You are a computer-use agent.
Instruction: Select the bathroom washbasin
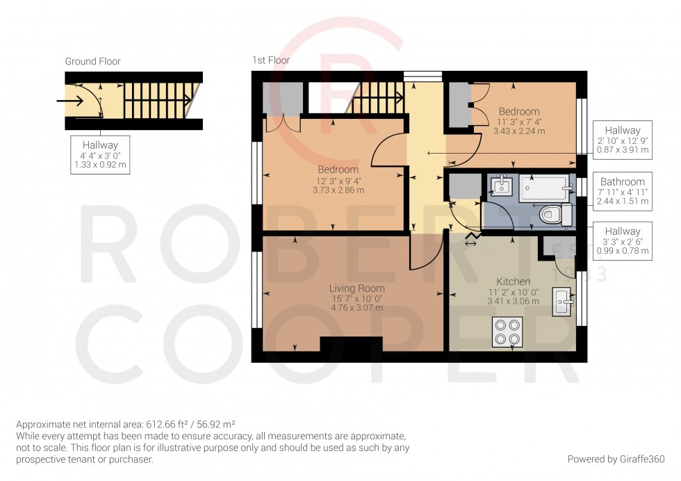pyautogui.click(x=500, y=186)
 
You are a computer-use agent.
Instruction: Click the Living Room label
pyautogui.click(x=356, y=288)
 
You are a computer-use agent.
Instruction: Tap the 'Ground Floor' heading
pyautogui.click(x=92, y=61)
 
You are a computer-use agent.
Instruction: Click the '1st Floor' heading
pyautogui.click(x=271, y=60)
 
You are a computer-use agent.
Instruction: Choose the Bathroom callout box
pyautogui.click(x=622, y=192)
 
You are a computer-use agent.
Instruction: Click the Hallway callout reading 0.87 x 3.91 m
pyautogui.click(x=622, y=140)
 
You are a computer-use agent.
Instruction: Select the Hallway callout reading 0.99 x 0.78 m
pyautogui.click(x=622, y=241)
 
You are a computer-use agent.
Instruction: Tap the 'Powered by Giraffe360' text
pyautogui.click(x=616, y=459)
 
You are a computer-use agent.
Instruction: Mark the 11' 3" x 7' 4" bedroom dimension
pyautogui.click(x=518, y=121)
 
